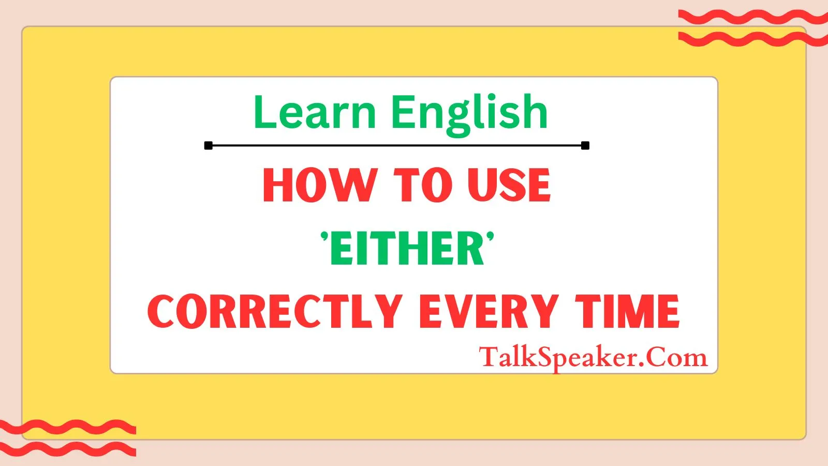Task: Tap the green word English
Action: (469, 112)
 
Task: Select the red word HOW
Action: (319, 185)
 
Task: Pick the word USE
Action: (509, 185)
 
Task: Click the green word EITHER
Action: (407, 249)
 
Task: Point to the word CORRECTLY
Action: (275, 311)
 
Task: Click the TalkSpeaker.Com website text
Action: (593, 357)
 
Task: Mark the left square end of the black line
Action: (209, 145)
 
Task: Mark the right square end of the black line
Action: (585, 145)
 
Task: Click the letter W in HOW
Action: (356, 185)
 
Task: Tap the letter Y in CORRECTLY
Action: (389, 311)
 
